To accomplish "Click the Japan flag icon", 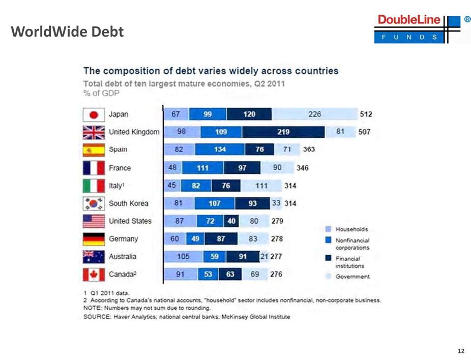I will point(93,114).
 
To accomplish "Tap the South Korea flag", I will point(93,203).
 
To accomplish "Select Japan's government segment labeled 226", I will point(315,114).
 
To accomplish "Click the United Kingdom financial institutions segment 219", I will point(283,132).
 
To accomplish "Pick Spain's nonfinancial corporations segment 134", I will point(220,150).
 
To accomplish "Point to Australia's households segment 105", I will point(183,257).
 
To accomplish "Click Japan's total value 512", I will point(365,114).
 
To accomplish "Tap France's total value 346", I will point(303,168).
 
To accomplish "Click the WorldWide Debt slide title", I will point(67,32).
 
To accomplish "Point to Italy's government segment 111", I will point(261,186).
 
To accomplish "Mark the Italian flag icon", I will point(93,186).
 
